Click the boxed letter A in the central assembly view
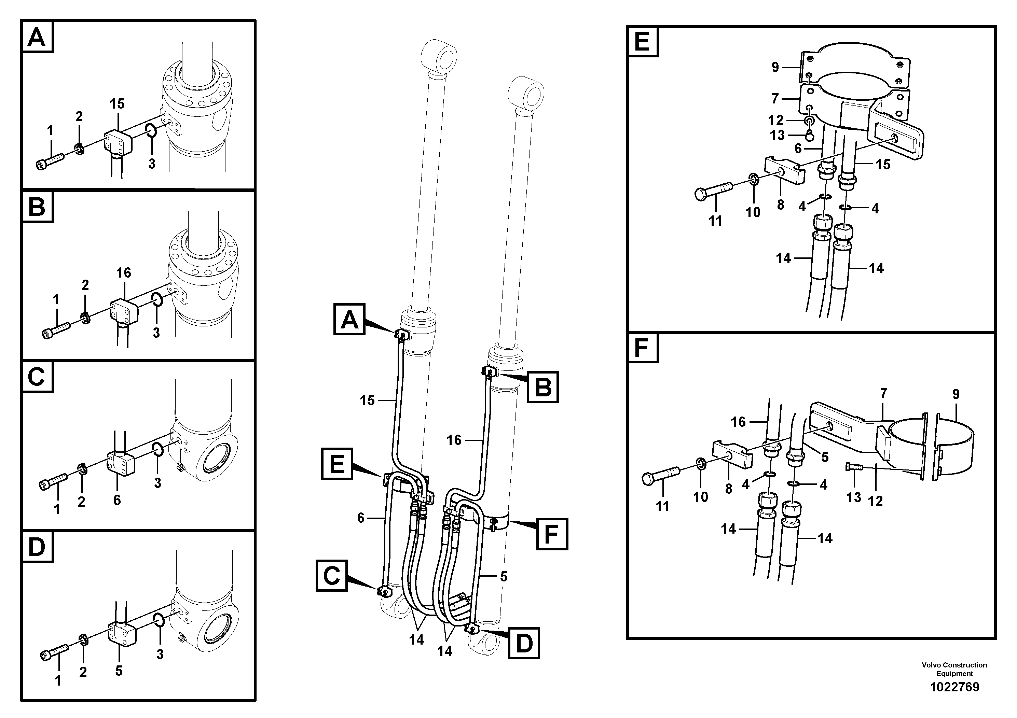349,319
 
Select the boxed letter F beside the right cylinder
551,534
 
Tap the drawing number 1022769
954,687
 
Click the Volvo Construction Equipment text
954,669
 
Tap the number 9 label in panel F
956,394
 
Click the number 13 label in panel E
778,135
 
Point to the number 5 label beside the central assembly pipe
504,576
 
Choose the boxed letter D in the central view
524,643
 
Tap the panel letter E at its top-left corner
642,42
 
